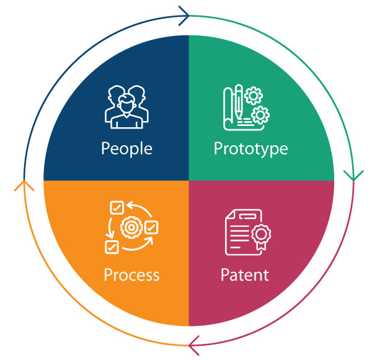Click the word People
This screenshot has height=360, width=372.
click(x=126, y=149)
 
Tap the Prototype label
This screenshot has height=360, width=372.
click(x=250, y=149)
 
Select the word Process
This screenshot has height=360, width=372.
click(x=131, y=274)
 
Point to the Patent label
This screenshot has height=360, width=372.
click(x=246, y=274)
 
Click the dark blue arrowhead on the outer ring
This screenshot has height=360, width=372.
click(x=184, y=16)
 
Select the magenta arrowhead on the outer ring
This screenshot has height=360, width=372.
click(x=193, y=341)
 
